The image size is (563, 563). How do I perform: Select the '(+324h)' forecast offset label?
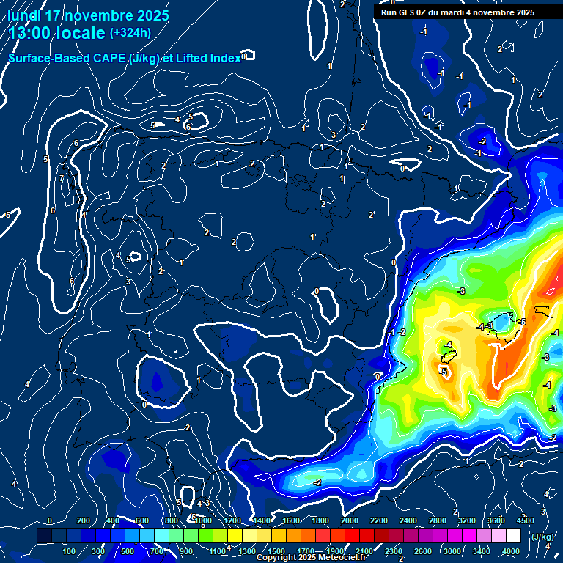pyautogui.click(x=130, y=32)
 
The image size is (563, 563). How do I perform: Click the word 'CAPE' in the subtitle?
pyautogui.click(x=106, y=59)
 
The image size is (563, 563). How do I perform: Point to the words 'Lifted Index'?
pyautogui.click(x=207, y=59)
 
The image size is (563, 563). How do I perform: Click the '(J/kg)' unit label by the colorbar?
pyautogui.click(x=542, y=537)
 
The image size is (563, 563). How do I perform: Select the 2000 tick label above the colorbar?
pyautogui.click(x=349, y=520)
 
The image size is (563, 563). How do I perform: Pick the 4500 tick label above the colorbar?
pyautogui.click(x=526, y=520)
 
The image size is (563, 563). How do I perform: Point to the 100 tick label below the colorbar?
pyautogui.click(x=69, y=551)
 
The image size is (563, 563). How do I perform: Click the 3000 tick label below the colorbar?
pyautogui.click(x=452, y=551)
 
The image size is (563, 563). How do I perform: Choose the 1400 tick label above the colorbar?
pyautogui.click(x=261, y=520)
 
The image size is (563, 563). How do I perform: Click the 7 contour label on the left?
pyautogui.click(x=62, y=178)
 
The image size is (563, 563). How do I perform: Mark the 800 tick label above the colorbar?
pyautogui.click(x=172, y=520)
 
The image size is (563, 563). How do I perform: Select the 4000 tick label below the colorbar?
pyautogui.click(x=511, y=551)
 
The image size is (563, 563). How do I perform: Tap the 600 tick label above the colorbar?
pyautogui.click(x=142, y=520)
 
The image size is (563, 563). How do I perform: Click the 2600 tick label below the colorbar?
pyautogui.click(x=422, y=551)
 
